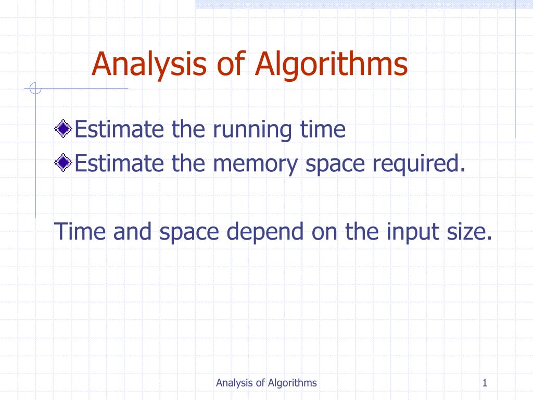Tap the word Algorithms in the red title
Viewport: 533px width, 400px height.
(331, 65)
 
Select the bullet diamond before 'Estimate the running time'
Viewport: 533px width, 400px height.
(63, 129)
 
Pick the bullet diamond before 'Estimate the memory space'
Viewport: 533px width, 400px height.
(63, 164)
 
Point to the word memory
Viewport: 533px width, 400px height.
(257, 164)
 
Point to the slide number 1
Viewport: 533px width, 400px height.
(485, 383)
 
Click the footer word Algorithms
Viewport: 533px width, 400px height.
(293, 383)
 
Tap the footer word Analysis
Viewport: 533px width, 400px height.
(234, 383)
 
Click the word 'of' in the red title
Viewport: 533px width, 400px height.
(232, 65)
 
